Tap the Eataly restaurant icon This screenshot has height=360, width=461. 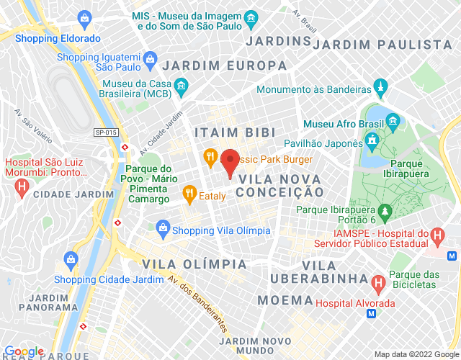coord(189,193)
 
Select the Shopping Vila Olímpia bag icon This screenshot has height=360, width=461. coord(163,230)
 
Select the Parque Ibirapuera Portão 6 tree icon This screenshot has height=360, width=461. coord(385,210)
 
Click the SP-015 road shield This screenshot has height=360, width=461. coord(105,132)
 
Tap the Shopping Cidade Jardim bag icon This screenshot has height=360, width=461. coord(71,258)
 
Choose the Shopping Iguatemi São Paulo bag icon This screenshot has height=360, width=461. coord(149,58)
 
